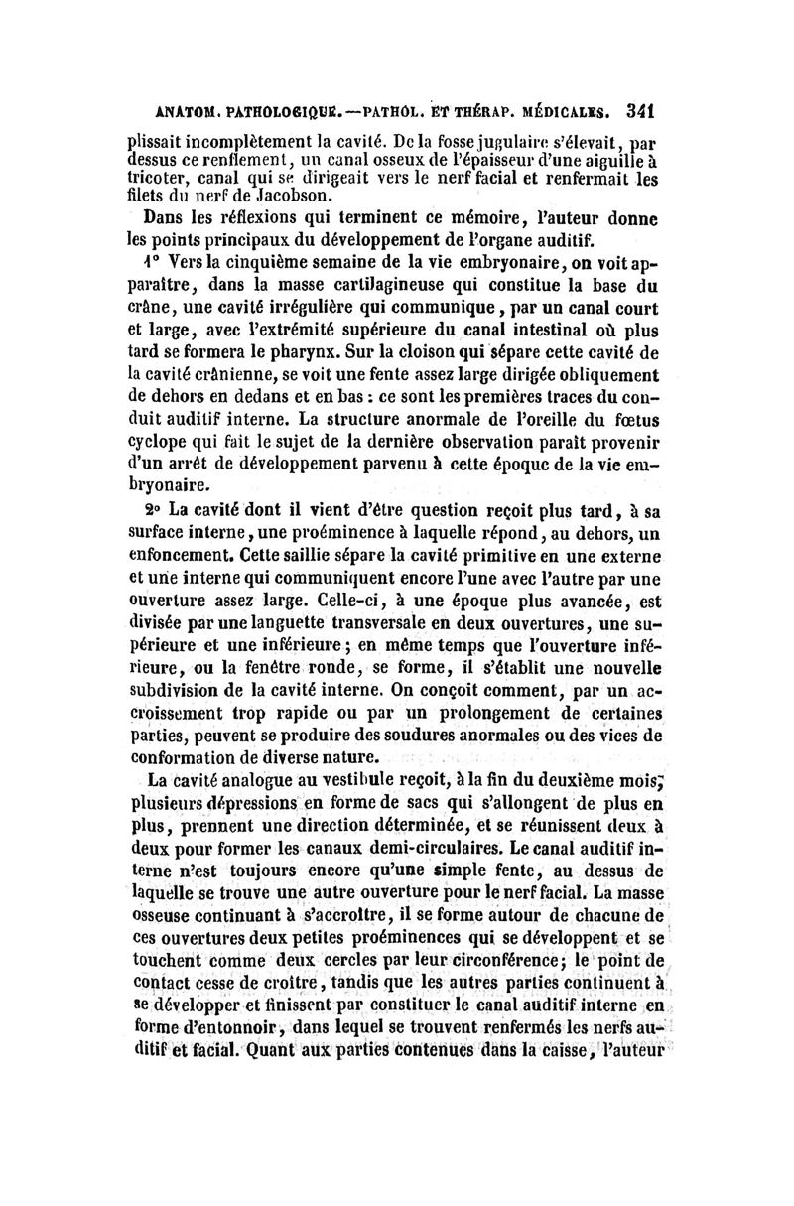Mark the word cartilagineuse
tap(351, 286)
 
